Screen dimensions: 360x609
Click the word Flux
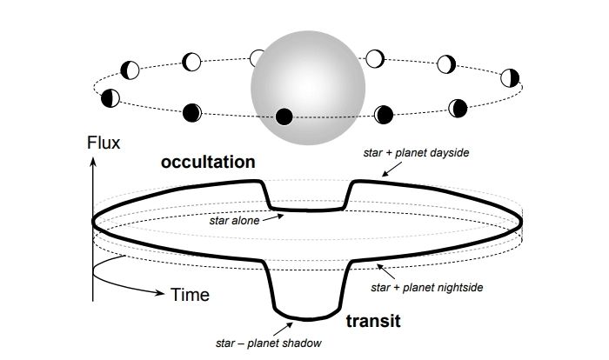pos(104,141)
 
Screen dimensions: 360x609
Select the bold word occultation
pos(207,162)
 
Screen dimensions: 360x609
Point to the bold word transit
pos(373,320)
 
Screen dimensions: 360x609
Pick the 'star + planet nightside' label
pos(427,286)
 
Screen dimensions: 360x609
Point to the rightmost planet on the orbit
pos(511,77)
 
